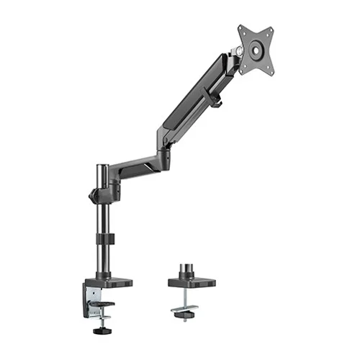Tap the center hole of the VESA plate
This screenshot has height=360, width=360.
click(x=256, y=51)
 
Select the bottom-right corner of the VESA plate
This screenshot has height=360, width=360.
click(x=274, y=71)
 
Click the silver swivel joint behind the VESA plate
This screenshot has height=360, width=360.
click(x=236, y=52)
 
